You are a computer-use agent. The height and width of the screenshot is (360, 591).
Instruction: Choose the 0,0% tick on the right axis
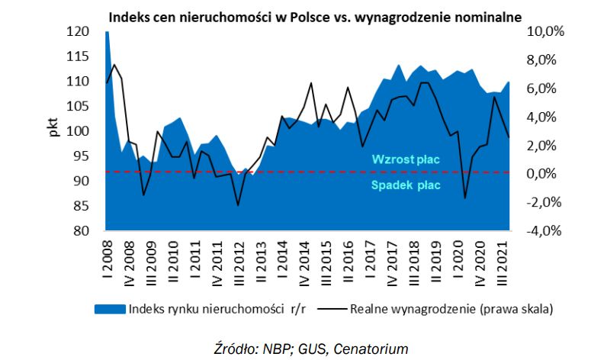(546, 174)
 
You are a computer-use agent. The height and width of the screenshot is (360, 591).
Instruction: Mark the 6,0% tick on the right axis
(546, 89)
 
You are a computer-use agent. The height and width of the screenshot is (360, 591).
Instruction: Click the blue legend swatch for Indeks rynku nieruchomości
(109, 310)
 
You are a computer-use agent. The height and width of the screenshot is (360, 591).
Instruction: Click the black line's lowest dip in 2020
(465, 198)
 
